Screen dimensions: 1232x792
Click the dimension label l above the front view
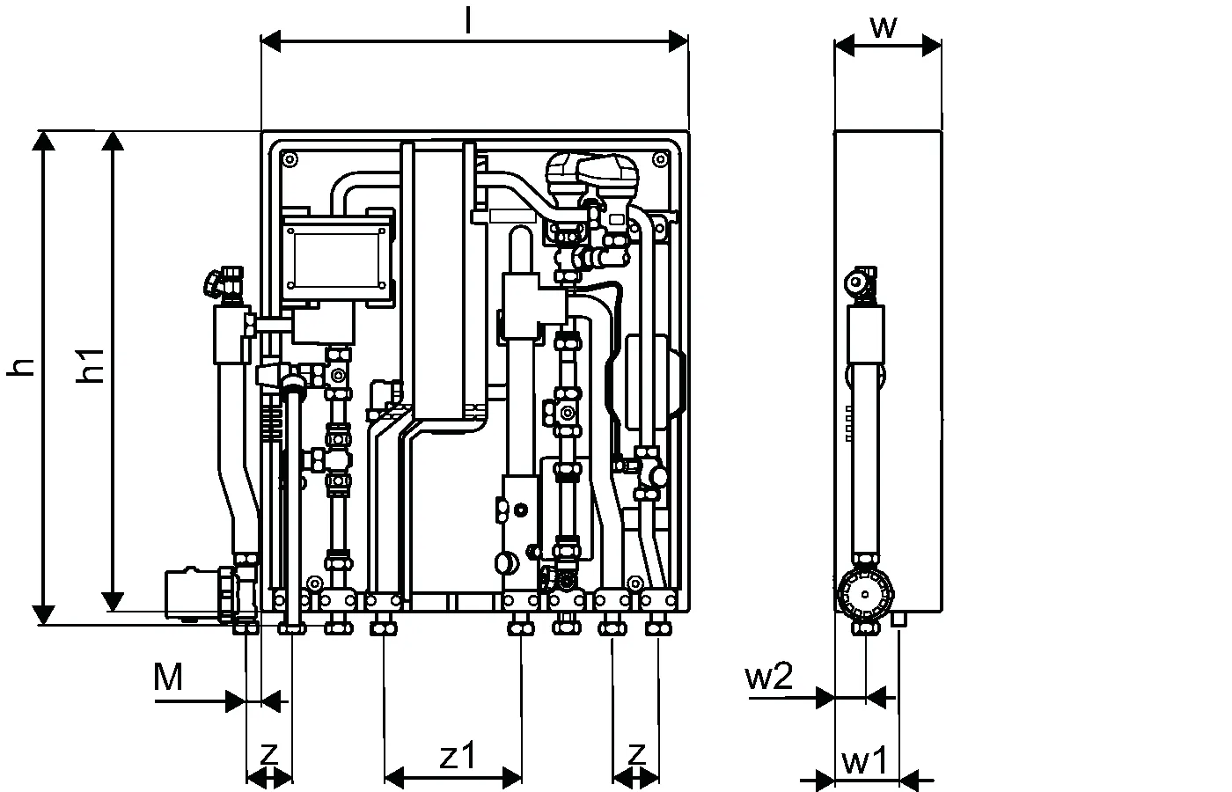coord(468,21)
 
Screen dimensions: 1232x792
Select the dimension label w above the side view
coord(884,27)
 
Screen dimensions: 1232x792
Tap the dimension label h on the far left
coord(21,367)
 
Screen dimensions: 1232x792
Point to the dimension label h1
coord(90,366)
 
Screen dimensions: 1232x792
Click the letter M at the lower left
coord(168,677)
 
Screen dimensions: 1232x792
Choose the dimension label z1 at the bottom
coord(458,755)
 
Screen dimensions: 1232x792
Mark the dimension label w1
coord(864,761)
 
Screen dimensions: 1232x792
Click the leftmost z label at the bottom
coord(269,753)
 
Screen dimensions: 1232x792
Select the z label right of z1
coord(636,753)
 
